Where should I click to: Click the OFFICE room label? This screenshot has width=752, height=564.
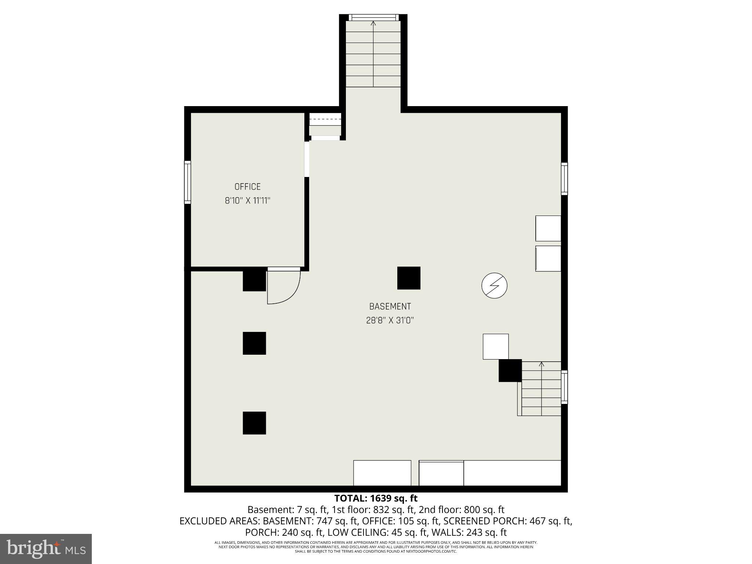click(x=247, y=187)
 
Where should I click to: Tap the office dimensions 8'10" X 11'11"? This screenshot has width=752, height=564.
click(x=247, y=200)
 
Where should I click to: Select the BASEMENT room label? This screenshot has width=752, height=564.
click(x=390, y=306)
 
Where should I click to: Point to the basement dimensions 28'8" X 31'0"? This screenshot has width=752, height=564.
click(x=390, y=320)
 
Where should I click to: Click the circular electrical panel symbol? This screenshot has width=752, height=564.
click(x=494, y=285)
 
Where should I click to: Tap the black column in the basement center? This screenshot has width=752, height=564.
click(x=409, y=278)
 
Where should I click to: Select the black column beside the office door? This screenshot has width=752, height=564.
click(x=254, y=281)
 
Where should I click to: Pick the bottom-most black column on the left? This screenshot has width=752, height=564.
click(x=254, y=423)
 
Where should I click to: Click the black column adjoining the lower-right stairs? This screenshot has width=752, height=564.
click(x=510, y=370)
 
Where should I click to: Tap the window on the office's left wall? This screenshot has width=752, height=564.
click(x=188, y=182)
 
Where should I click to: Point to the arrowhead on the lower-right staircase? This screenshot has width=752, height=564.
click(x=541, y=364)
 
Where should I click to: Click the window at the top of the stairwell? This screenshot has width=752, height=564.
click(x=373, y=17)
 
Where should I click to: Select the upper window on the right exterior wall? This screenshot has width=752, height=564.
click(x=564, y=179)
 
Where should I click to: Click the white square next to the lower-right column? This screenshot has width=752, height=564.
click(x=495, y=346)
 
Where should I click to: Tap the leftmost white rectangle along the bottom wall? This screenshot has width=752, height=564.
click(x=382, y=473)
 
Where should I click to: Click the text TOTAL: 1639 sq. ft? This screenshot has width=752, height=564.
click(x=376, y=498)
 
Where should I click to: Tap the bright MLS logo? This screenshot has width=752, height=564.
click(x=46, y=549)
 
